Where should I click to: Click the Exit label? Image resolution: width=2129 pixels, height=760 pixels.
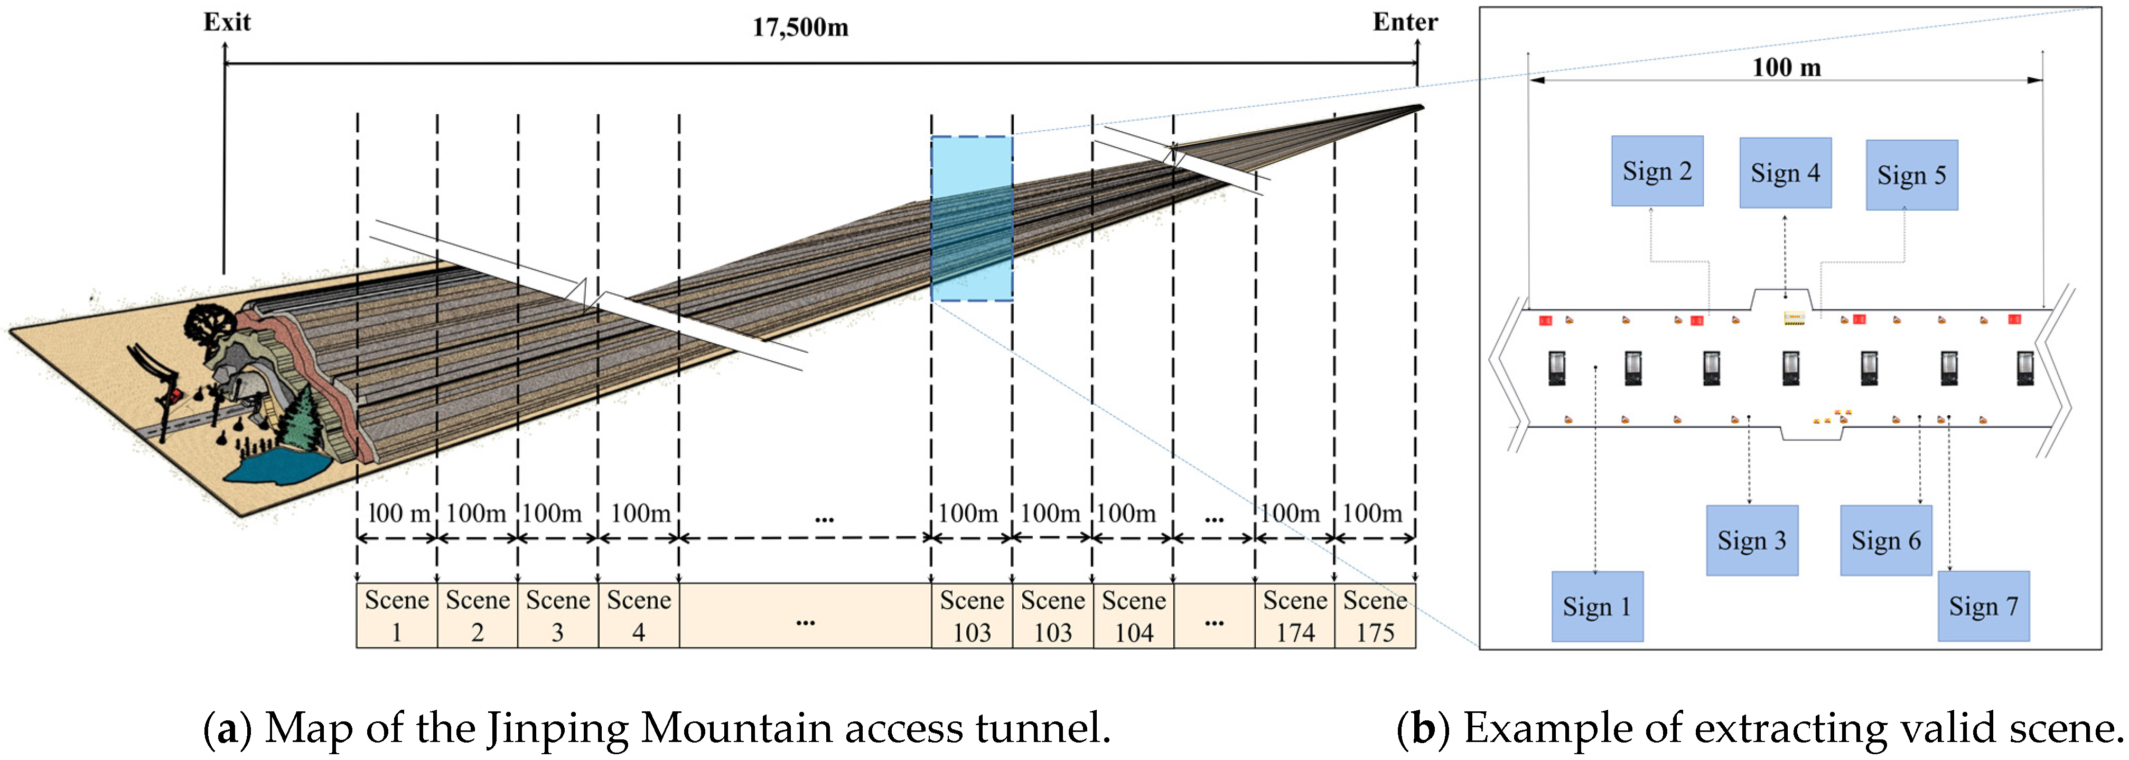[x=227, y=22]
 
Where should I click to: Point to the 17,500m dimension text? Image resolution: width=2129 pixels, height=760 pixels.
[x=799, y=28]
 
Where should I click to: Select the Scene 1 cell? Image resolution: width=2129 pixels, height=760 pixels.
[x=397, y=615]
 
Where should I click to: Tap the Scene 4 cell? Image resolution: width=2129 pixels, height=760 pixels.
[x=639, y=615]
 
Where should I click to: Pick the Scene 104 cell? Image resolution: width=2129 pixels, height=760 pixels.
[x=1133, y=615]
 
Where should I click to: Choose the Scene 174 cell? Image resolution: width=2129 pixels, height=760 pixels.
[x=1294, y=615]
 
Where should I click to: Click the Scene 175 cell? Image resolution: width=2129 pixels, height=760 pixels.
[x=1375, y=615]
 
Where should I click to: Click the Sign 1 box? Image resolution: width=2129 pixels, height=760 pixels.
[x=1596, y=606]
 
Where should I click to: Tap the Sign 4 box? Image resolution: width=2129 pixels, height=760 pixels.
[x=1785, y=173]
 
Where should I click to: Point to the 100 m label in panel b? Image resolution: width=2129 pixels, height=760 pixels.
[x=1786, y=67]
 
